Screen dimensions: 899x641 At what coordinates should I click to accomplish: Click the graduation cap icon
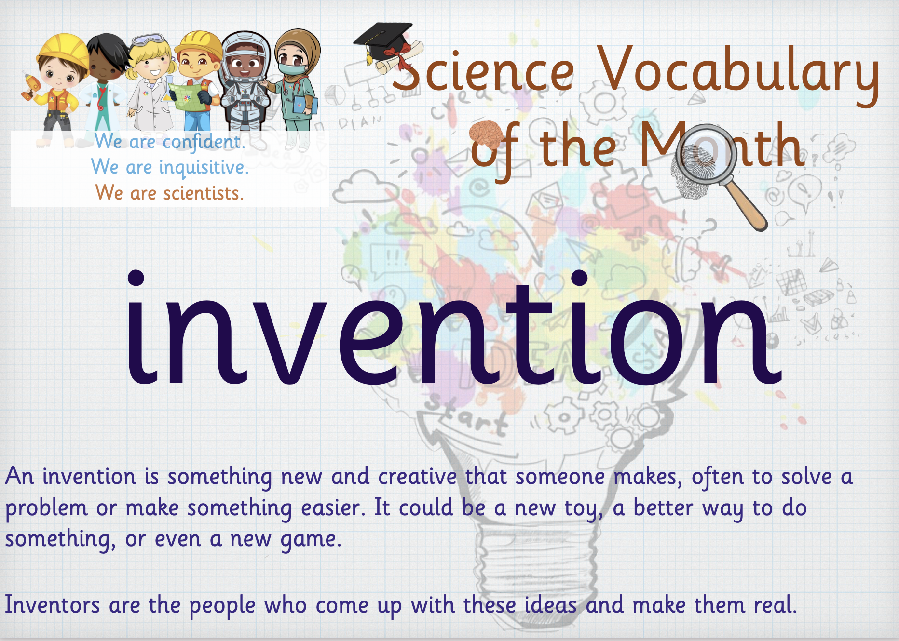point(383,41)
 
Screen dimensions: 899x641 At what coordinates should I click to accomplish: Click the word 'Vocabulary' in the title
point(738,72)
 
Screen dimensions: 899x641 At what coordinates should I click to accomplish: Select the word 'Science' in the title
point(482,72)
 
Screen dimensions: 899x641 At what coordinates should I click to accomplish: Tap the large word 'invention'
point(453,328)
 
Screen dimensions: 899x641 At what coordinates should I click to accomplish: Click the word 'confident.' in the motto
point(204,142)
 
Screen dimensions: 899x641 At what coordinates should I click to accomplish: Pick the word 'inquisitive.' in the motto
point(204,168)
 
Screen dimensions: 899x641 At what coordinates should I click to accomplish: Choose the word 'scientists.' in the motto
point(204,193)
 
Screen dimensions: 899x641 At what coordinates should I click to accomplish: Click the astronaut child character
point(245,82)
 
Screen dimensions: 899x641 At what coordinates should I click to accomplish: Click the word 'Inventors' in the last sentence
point(53,605)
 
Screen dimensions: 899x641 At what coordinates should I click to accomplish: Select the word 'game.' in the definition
point(311,540)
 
